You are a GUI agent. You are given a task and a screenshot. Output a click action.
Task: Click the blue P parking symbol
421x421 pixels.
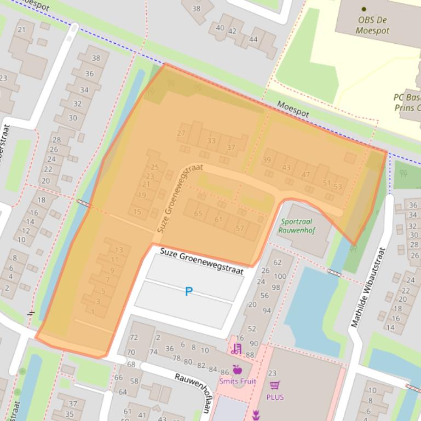(x=188, y=291)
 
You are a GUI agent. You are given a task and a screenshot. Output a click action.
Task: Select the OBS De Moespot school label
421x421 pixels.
(x=373, y=25)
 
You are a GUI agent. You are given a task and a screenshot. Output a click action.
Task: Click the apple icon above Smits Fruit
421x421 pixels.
(x=237, y=370)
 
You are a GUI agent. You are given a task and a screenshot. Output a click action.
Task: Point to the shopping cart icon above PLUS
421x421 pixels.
(x=275, y=385)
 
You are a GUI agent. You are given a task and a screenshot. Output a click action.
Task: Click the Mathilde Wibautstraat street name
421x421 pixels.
(x=368, y=288)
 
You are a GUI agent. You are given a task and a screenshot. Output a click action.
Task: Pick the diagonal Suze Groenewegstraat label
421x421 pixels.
(x=180, y=198)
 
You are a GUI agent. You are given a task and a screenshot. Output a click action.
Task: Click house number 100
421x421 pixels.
(x=279, y=277)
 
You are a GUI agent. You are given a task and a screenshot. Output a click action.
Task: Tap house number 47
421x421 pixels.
(x=305, y=175)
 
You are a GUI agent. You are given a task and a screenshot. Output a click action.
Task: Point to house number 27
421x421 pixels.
(x=181, y=133)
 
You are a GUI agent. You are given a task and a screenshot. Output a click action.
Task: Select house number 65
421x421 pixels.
(x=198, y=214)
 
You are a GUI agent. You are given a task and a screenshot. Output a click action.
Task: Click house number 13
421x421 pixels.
(x=119, y=250)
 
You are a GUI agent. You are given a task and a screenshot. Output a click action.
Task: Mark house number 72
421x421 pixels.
(x=134, y=337)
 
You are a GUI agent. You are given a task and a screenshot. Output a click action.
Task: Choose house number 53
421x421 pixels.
(x=337, y=186)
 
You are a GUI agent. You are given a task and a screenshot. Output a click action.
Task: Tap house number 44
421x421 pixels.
(x=253, y=39)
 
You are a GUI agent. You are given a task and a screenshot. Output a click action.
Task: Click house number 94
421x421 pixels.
(x=267, y=311)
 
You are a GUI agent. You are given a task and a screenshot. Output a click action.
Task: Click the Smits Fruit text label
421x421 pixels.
(x=237, y=381)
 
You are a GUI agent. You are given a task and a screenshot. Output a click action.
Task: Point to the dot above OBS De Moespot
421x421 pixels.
(x=364, y=9)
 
